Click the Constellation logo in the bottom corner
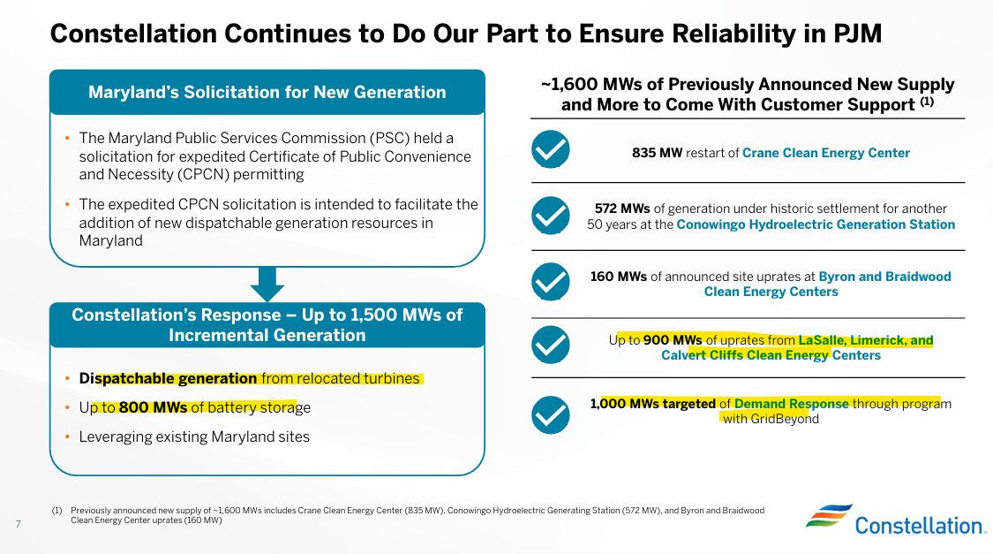(895, 520)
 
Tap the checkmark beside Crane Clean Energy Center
(550, 149)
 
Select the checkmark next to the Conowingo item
(550, 216)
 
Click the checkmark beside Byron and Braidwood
(550, 282)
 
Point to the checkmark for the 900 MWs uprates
(550, 345)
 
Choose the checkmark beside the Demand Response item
(550, 414)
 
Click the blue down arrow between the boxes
(267, 284)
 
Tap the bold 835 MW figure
(657, 153)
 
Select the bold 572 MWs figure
(622, 209)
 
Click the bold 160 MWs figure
(618, 277)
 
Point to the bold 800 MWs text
(153, 407)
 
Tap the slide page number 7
(19, 524)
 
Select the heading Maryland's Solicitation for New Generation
(267, 93)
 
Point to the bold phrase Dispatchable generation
(168, 378)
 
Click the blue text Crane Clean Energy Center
(826, 153)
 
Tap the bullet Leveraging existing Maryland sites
(194, 436)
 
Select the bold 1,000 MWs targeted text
(653, 404)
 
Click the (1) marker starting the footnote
(57, 511)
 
